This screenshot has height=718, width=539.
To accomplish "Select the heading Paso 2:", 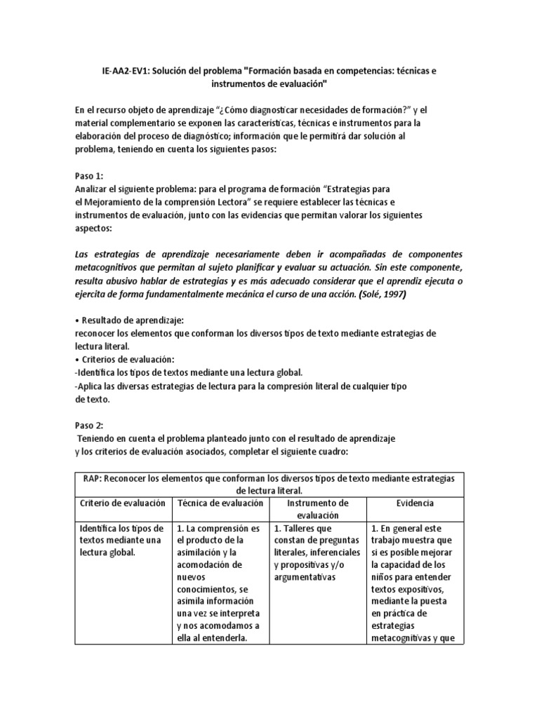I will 90,425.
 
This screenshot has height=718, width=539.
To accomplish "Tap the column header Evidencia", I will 415,503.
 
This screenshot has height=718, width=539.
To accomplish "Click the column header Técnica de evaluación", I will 220,503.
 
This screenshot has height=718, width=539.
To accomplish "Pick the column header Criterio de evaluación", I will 123,503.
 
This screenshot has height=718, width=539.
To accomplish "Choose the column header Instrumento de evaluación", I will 319,509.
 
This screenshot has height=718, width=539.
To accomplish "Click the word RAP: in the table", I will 91,477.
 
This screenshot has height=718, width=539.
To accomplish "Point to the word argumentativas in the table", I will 309,577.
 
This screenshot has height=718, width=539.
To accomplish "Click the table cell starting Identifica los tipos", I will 123,540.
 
